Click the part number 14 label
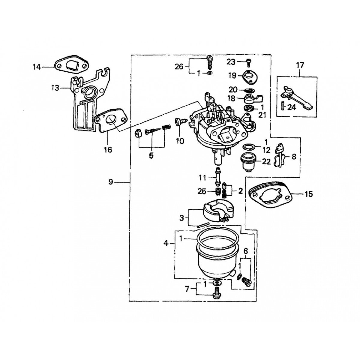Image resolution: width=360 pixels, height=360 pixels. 37,67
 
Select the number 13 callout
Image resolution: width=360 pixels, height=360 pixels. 55,88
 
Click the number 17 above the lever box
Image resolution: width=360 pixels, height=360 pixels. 300,65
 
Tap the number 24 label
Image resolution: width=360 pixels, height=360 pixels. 291,107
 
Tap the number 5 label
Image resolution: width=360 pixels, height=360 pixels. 151,155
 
